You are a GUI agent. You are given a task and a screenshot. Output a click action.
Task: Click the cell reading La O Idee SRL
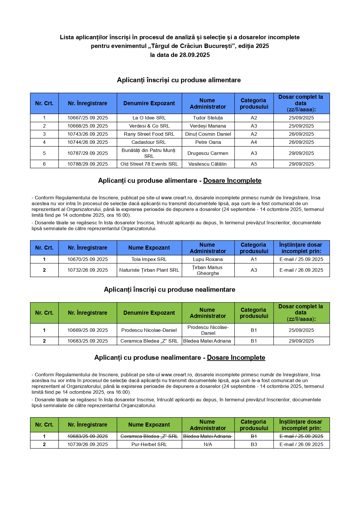[149, 118]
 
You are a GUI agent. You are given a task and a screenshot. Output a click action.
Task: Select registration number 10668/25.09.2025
[87, 126]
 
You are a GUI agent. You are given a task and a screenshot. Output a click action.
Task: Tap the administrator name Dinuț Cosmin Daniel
[208, 134]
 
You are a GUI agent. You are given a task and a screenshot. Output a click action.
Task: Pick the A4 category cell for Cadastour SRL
[254, 142]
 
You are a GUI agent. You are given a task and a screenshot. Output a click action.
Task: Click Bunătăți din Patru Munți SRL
[149, 153]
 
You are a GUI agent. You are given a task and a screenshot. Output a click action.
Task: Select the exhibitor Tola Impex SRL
[149, 259]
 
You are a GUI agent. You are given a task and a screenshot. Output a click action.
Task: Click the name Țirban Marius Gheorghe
[208, 270]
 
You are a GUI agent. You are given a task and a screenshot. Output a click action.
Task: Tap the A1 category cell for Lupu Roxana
[254, 259]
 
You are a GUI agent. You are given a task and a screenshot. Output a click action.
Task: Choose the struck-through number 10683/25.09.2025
[87, 436]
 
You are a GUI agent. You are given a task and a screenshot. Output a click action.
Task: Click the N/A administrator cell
[208, 444]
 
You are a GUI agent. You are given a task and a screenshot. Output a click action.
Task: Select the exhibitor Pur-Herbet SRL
[149, 444]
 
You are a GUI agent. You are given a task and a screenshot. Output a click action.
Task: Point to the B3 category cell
[254, 444]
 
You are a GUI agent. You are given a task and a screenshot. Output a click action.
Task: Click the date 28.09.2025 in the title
[194, 55]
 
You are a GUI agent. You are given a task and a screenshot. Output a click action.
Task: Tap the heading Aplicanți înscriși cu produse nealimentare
[170, 289]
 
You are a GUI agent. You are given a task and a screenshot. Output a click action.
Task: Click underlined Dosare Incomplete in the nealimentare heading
[236, 357]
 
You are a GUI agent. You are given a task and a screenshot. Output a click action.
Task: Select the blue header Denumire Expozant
[149, 103]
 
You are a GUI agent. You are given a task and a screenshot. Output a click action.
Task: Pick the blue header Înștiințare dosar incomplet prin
[301, 248]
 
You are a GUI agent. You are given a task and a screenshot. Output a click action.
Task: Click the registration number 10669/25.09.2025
[87, 330]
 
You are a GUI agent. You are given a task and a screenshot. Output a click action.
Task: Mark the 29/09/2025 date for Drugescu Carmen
[301, 153]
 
